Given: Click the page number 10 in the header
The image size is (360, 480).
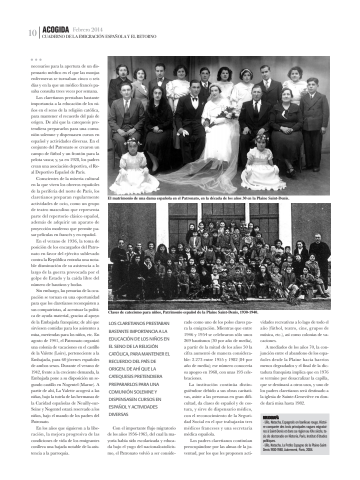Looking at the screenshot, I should (x=32, y=33).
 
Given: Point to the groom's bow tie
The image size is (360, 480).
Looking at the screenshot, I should (x=195, y=99).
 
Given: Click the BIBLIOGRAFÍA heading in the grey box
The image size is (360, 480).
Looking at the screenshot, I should (x=271, y=416).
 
